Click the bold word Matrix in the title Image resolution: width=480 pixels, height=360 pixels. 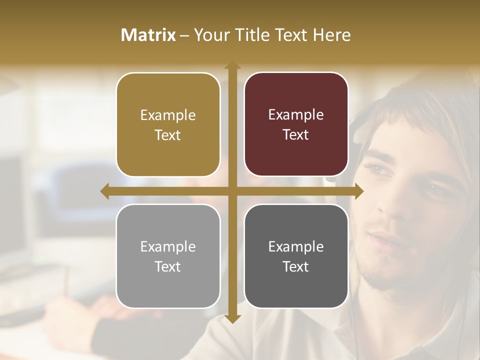tap(148, 35)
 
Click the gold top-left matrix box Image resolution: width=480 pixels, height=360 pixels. tap(168, 125)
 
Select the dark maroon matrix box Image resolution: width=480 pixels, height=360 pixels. tap(296, 124)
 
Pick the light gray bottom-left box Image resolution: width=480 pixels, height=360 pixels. tap(168, 256)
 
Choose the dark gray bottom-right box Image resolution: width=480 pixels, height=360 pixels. tap(296, 256)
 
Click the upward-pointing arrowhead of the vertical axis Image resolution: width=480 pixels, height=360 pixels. tap(232, 65)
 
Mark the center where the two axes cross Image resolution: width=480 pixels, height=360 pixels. tap(232, 191)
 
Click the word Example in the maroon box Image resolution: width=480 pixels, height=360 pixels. tap(296, 115)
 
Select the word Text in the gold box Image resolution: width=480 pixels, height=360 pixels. tap(168, 135)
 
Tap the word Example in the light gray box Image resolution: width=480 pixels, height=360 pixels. tap(168, 246)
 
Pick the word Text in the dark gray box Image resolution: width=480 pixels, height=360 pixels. tap(296, 267)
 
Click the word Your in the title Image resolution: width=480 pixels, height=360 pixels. tap(210, 35)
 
